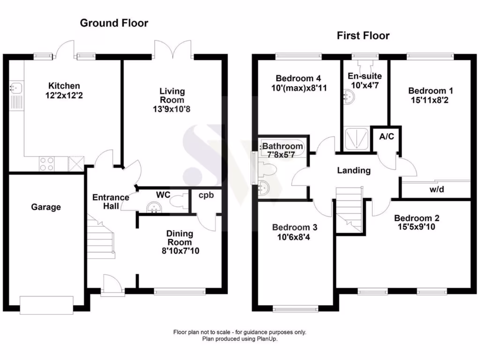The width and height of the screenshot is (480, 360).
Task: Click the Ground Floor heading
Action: [114, 23]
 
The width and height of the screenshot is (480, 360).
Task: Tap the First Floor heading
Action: [363, 36]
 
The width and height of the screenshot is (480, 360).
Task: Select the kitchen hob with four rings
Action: [46, 164]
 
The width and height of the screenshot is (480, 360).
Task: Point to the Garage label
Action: [46, 207]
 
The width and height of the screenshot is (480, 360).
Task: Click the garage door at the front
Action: [46, 305]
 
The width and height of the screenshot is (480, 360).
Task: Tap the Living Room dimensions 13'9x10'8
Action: [172, 109]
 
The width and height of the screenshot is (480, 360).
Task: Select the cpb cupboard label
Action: [206, 195]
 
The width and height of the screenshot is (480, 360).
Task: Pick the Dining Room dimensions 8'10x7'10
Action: [180, 251]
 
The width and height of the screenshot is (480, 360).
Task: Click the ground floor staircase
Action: [101, 236]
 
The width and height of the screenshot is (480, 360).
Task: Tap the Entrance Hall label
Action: [111, 202]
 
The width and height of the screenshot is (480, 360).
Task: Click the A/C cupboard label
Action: [387, 136]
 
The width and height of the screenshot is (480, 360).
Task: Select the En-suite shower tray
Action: [356, 139]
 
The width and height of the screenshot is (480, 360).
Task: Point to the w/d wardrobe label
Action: [436, 189]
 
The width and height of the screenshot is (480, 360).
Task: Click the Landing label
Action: [354, 170]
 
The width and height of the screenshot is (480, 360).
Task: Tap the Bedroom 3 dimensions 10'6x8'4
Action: [293, 237]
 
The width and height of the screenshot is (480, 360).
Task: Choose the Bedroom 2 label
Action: [417, 218]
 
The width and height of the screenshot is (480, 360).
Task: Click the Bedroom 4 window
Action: [299, 56]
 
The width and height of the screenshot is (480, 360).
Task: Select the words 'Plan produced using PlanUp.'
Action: [240, 339]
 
